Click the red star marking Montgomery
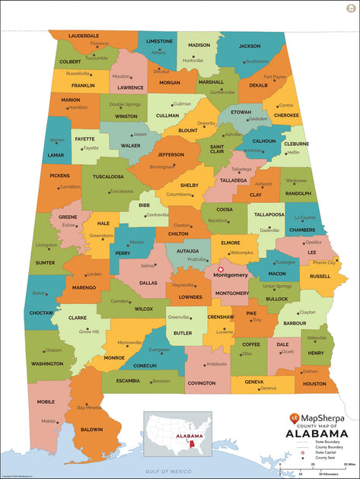[221, 269]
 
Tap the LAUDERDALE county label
[84, 36]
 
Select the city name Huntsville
[193, 60]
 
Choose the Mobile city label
[49, 420]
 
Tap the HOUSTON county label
[314, 384]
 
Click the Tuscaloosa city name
[121, 191]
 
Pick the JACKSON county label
[250, 46]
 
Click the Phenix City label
[324, 262]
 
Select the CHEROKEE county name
[286, 116]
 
